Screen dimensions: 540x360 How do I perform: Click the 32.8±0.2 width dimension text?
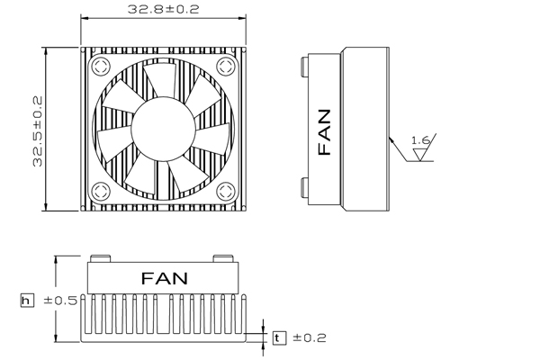(163, 9)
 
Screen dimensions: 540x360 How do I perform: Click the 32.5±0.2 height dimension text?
(37, 131)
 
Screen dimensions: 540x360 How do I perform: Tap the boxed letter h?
(27, 301)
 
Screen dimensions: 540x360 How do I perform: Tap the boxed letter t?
(279, 338)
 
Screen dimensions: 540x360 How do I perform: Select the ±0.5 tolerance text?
(60, 301)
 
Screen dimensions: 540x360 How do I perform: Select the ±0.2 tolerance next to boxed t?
(310, 337)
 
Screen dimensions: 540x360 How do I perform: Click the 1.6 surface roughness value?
(421, 140)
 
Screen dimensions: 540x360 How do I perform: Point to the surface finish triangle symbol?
(419, 154)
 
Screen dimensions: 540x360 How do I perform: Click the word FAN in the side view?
(324, 132)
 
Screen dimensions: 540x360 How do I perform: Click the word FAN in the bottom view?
(165, 278)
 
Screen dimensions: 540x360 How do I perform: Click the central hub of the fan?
(163, 129)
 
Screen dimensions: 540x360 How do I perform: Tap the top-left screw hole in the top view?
(101, 66)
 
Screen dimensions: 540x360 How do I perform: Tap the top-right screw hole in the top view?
(226, 66)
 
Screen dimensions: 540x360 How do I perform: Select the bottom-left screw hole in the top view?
(101, 191)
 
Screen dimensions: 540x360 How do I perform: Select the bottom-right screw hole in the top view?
(226, 191)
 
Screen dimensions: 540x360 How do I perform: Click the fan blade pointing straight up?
(161, 80)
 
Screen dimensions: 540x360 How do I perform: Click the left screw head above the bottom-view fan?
(100, 258)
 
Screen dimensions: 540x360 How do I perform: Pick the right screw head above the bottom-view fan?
(223, 258)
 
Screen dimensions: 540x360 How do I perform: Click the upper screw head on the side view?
(304, 67)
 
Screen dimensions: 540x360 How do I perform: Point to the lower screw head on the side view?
(304, 188)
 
